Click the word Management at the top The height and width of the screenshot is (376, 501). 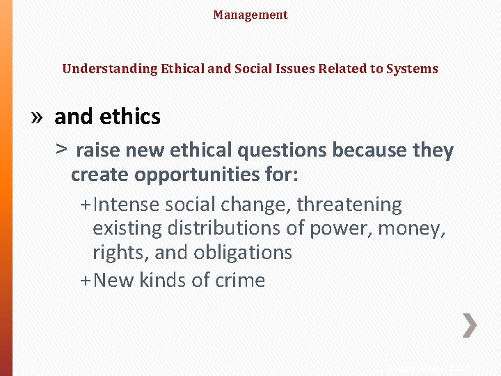(x=250, y=15)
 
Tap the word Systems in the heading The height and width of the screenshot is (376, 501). (x=413, y=69)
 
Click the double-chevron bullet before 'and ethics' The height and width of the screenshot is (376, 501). (x=38, y=117)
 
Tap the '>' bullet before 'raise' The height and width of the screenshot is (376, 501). (x=62, y=150)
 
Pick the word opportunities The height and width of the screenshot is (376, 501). (x=190, y=175)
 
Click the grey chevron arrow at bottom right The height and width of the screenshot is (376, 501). (x=470, y=326)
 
